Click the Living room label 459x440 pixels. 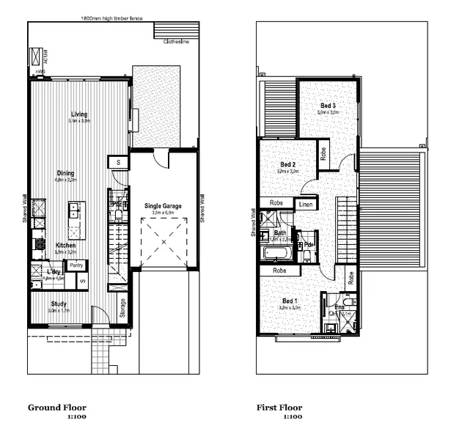point(79,114)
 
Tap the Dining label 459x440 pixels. point(65,173)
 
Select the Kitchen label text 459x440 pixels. point(65,245)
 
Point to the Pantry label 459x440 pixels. point(76,265)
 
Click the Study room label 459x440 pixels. point(59,304)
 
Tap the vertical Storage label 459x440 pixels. point(123,307)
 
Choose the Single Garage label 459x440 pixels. point(163,206)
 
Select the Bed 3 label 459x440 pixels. point(328,106)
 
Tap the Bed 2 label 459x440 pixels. point(287,164)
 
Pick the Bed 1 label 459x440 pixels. point(290,301)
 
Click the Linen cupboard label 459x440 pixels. point(306,203)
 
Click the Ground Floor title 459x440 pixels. point(57,408)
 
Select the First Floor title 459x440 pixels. point(279,408)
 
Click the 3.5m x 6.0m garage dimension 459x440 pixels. point(163,213)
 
